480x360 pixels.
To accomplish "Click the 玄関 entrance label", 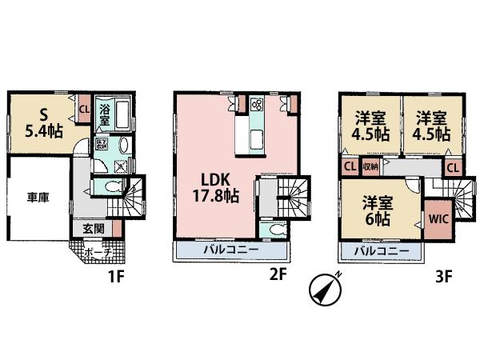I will point(94,227).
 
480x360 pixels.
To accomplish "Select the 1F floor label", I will point(116,280).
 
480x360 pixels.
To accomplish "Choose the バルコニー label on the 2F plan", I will point(229,251).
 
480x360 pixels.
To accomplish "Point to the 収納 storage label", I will point(370,168).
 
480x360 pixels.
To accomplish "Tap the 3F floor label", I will point(444,280).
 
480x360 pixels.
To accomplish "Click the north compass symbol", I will point(323,290).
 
